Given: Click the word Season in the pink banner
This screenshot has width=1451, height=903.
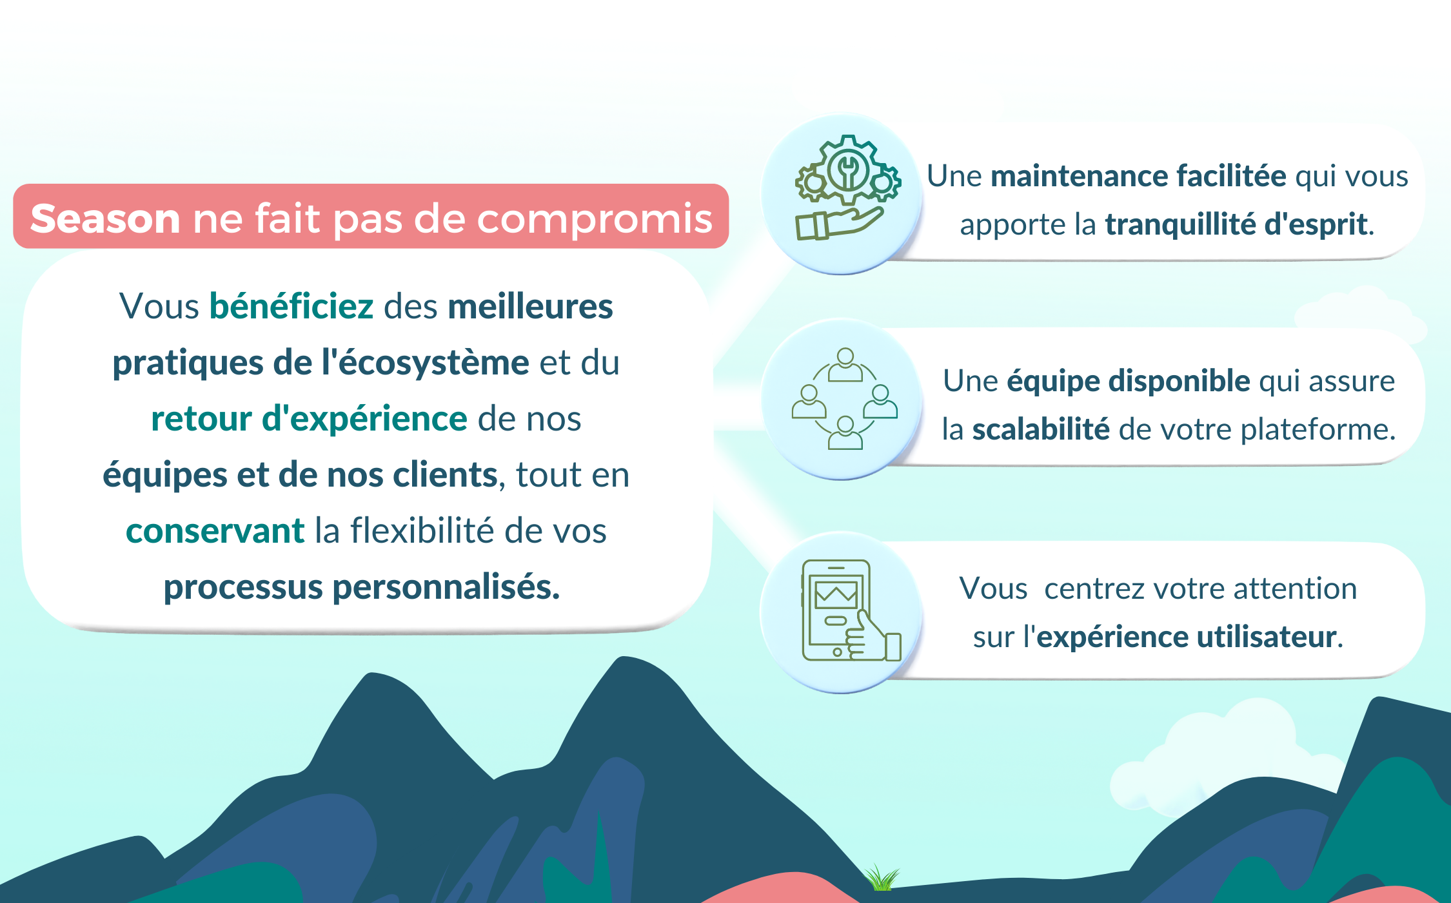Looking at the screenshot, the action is point(105,218).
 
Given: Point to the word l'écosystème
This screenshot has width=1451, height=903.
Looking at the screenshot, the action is point(426,362).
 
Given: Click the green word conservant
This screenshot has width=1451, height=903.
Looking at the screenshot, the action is point(215,531).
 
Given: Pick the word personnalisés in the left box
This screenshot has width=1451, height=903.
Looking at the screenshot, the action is point(446,588).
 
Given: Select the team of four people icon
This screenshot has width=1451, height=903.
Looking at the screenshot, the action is point(845,398).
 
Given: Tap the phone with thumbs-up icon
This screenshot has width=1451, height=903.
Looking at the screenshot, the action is point(851,610).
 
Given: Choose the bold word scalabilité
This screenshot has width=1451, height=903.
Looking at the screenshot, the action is point(1041,429).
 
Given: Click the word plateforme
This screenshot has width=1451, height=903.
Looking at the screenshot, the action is point(1318,429).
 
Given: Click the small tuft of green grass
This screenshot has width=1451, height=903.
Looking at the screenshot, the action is point(881,877).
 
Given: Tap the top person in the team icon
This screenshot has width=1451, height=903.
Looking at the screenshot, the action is point(845,365).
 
